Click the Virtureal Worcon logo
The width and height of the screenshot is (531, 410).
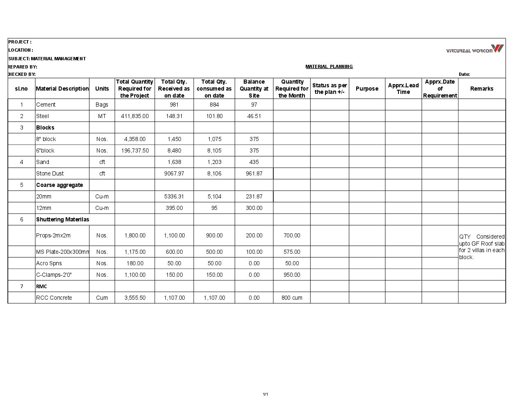(x=475, y=49)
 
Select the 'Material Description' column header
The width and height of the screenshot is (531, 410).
(x=62, y=89)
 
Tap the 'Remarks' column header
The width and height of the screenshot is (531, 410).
(x=482, y=89)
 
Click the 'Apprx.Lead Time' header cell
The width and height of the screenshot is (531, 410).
(x=403, y=89)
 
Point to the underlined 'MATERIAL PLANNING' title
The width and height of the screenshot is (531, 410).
(x=329, y=66)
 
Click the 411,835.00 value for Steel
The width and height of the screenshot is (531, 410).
(x=135, y=116)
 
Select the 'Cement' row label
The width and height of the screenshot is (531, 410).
(x=46, y=105)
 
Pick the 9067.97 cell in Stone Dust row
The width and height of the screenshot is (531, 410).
(x=174, y=173)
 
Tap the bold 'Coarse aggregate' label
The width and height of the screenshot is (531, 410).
(x=60, y=185)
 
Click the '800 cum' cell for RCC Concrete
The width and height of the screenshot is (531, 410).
(x=292, y=298)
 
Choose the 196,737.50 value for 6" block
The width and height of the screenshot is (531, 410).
(x=135, y=150)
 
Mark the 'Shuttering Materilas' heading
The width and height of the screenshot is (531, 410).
(x=62, y=219)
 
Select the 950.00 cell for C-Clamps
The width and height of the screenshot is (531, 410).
(x=292, y=275)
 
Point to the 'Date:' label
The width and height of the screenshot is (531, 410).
(x=464, y=74)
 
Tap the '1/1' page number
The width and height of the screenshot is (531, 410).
(x=265, y=394)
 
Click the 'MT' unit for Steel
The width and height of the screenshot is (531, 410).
(x=102, y=116)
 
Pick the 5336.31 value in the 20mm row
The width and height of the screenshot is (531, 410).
(x=174, y=196)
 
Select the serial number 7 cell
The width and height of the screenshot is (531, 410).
(x=22, y=286)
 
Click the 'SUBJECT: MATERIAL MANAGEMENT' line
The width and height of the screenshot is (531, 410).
(x=47, y=59)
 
